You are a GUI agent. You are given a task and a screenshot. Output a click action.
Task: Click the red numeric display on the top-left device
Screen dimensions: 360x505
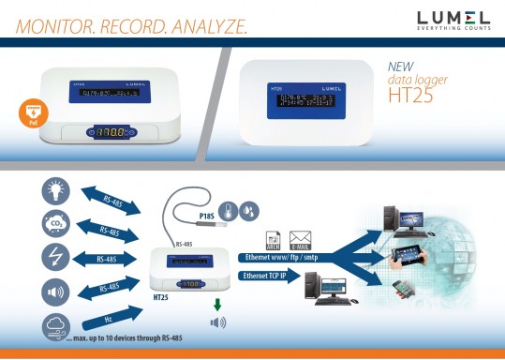tap(99, 134)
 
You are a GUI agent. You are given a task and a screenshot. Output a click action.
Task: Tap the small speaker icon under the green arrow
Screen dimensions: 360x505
tap(217, 323)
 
